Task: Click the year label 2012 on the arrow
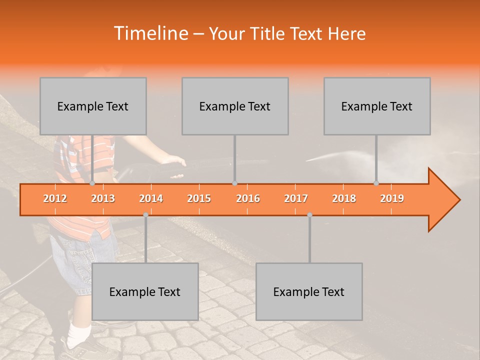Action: [x=55, y=198]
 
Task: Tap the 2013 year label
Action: [x=103, y=198]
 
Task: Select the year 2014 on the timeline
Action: [x=151, y=198]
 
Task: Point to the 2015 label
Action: [x=199, y=198]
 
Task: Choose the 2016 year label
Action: [x=248, y=198]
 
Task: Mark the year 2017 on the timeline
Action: [x=296, y=198]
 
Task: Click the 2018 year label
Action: [x=344, y=198]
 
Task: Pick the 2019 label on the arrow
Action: [x=392, y=198]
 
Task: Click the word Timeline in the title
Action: [x=150, y=33]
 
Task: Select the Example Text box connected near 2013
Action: [x=93, y=106]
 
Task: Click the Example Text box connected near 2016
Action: [x=235, y=106]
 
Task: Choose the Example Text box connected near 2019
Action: [x=377, y=106]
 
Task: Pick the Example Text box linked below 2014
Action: [x=145, y=291]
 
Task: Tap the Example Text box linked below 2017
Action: [x=309, y=291]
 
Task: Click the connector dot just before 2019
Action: [x=376, y=183]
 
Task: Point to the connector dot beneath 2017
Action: [x=309, y=215]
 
